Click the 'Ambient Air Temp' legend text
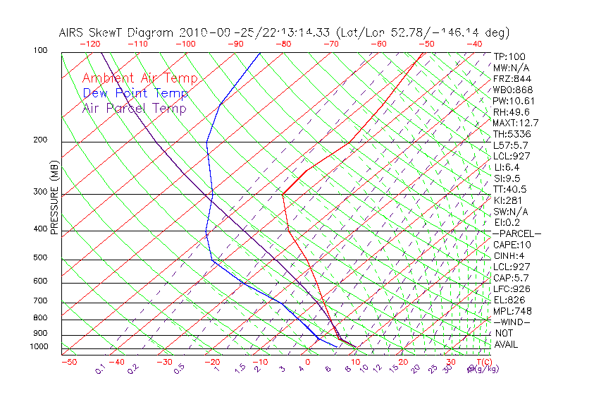click(140, 78)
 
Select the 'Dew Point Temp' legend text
click(135, 93)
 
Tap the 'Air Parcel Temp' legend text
click(134, 108)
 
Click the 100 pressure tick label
click(40, 51)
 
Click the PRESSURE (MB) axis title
click(55, 197)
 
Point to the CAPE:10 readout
click(512, 245)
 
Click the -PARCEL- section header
click(516, 233)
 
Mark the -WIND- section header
click(512, 322)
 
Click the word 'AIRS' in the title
click(72, 32)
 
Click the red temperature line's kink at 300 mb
click(283, 194)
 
